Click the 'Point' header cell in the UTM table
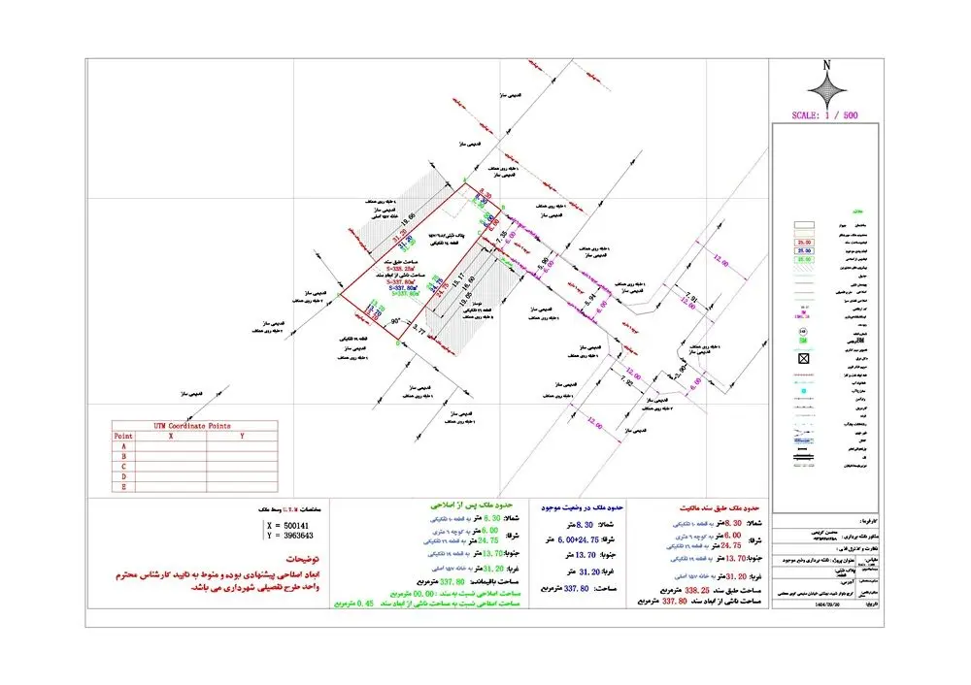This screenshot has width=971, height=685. pos(123,437)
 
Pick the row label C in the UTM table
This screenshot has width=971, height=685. pos(123,467)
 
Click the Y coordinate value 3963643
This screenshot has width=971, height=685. pos(294,536)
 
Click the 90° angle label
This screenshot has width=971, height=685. pos(395,320)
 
